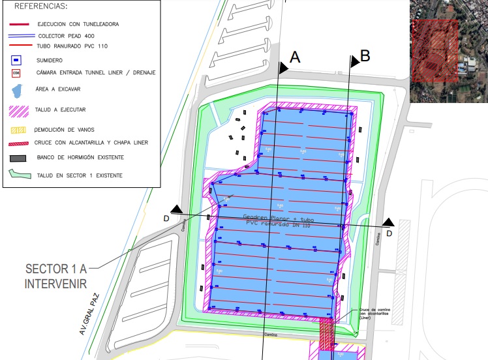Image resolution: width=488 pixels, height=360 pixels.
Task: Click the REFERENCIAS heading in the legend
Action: pos(40,7)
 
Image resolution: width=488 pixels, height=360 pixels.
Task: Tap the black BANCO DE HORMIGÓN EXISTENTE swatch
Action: pos(19,158)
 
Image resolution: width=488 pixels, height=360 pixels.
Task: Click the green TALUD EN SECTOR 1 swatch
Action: pos(20,174)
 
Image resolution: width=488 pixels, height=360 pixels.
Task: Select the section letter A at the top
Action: pos(294,57)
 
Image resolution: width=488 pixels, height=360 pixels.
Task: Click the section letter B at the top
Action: pos(365,56)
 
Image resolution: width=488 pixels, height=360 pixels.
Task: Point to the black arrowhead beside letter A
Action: pos(283,66)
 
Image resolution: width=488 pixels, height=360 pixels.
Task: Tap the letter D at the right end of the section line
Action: pos(389,233)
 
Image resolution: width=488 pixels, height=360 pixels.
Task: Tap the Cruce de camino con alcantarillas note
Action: pos(370,315)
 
